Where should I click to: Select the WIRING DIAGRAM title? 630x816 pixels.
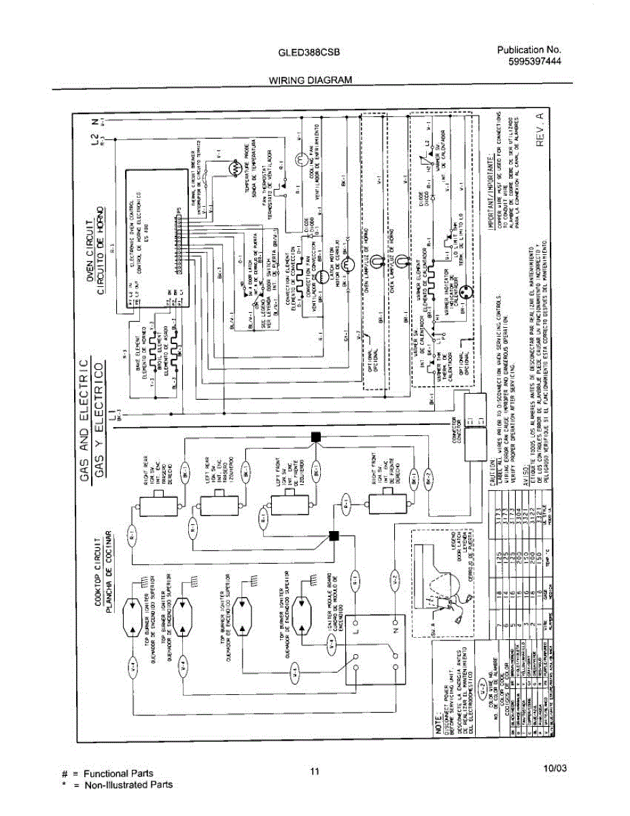311,80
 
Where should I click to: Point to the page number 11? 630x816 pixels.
314,770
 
